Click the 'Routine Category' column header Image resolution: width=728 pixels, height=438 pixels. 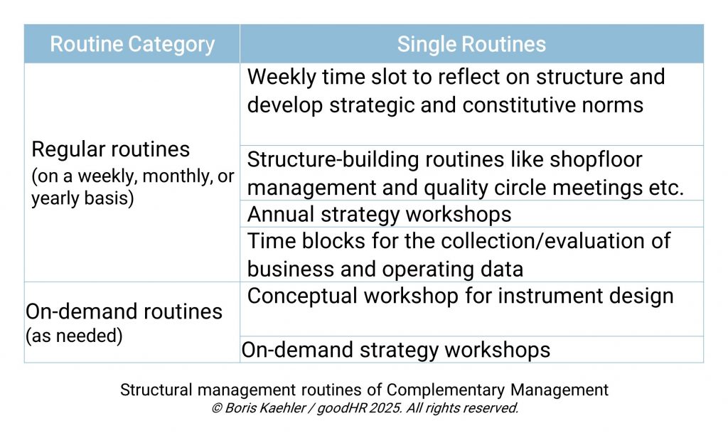click(132, 44)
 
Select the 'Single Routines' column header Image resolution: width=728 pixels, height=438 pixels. click(471, 44)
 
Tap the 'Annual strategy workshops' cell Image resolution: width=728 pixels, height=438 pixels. click(379, 214)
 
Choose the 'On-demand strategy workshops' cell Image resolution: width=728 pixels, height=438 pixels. click(395, 350)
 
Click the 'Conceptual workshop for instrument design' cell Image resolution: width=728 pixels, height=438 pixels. click(460, 296)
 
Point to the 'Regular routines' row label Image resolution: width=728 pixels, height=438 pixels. click(111, 149)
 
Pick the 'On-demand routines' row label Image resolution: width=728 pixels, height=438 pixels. click(124, 311)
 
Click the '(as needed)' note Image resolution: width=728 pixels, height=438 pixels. click(74, 336)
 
